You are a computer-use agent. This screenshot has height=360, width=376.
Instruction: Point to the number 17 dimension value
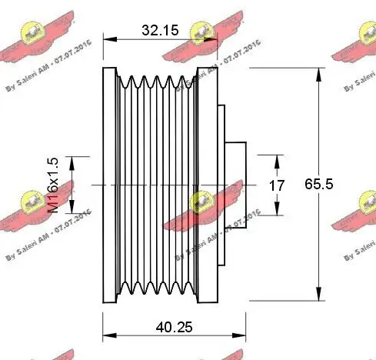(278, 185)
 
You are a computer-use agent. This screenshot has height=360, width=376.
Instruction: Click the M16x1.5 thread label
(55, 185)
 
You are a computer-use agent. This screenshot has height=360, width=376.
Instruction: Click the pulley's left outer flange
(108, 185)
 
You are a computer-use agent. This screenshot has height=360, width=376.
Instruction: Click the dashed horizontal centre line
(154, 185)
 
